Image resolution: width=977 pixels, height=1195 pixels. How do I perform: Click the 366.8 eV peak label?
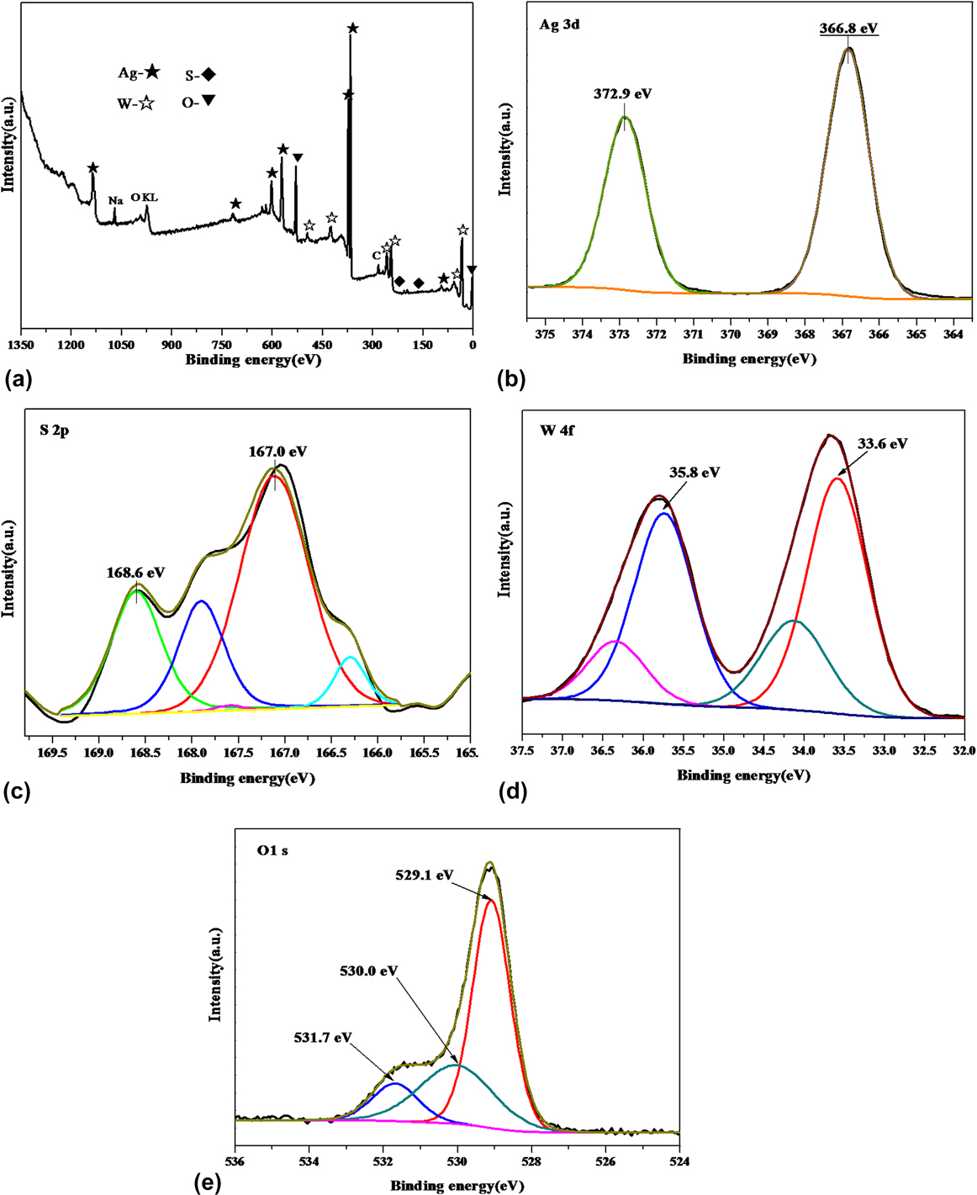tap(848, 29)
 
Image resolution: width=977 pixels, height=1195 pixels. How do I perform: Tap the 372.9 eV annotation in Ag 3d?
tap(624, 94)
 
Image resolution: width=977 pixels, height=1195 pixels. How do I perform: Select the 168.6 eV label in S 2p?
tap(135, 573)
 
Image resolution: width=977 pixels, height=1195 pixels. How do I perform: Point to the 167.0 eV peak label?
tap(277, 452)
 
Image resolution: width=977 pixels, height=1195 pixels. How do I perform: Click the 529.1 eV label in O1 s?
tap(425, 875)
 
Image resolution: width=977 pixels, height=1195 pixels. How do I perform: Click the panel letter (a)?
tap(18, 380)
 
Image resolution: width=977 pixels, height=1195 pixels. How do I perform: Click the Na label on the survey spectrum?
tap(115, 200)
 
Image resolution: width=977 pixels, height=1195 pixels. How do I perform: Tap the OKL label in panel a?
tap(144, 198)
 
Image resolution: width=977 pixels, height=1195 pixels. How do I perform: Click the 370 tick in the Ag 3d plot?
tap(730, 334)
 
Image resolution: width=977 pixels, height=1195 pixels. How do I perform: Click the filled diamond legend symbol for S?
tap(209, 75)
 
